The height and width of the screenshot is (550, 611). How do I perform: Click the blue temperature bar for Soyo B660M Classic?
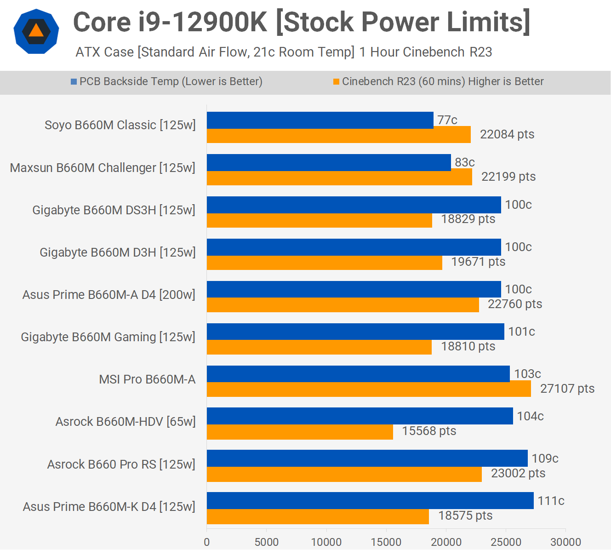(320, 120)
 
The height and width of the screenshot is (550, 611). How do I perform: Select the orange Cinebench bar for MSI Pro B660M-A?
(369, 389)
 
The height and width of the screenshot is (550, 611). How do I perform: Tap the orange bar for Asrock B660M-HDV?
(300, 432)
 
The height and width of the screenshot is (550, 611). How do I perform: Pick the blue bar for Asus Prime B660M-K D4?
(370, 500)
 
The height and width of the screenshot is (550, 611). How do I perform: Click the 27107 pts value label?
(567, 389)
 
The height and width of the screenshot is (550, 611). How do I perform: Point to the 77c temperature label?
(447, 120)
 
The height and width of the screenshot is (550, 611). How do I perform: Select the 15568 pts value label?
(429, 431)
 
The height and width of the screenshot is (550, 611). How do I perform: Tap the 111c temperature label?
(551, 501)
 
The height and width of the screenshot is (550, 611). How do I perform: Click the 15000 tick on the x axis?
(386, 542)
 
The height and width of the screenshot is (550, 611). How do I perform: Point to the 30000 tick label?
(565, 542)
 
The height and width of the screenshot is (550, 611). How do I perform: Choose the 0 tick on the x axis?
(207, 542)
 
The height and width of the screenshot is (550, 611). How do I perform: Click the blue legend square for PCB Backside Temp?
(74, 82)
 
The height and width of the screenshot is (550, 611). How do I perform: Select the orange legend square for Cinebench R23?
(336, 82)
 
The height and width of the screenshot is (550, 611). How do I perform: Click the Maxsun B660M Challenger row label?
(103, 168)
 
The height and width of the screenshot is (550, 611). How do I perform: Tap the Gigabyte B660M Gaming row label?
(108, 337)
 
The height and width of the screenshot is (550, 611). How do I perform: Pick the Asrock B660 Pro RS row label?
(121, 464)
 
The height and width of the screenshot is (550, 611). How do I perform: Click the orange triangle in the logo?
(36, 31)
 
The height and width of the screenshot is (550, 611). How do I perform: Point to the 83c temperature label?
(464, 162)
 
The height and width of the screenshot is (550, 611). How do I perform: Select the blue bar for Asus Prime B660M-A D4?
(354, 289)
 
